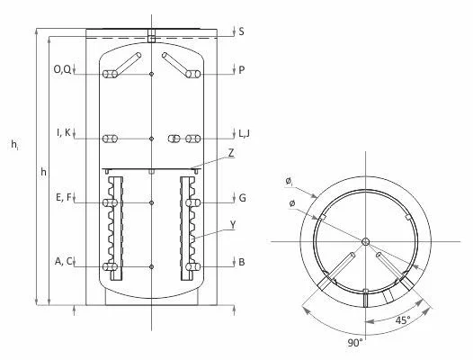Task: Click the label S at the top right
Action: pyautogui.click(x=241, y=31)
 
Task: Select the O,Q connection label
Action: pyautogui.click(x=62, y=70)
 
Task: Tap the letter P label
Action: pyautogui.click(x=241, y=70)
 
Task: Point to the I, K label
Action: pyautogui.click(x=64, y=132)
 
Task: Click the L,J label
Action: pyautogui.click(x=244, y=133)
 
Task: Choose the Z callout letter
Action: pyautogui.click(x=231, y=153)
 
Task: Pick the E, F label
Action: pyautogui.click(x=64, y=197)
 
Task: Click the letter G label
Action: pyautogui.click(x=242, y=198)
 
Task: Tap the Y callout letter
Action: pyautogui.click(x=233, y=225)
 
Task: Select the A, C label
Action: pyautogui.click(x=64, y=262)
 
